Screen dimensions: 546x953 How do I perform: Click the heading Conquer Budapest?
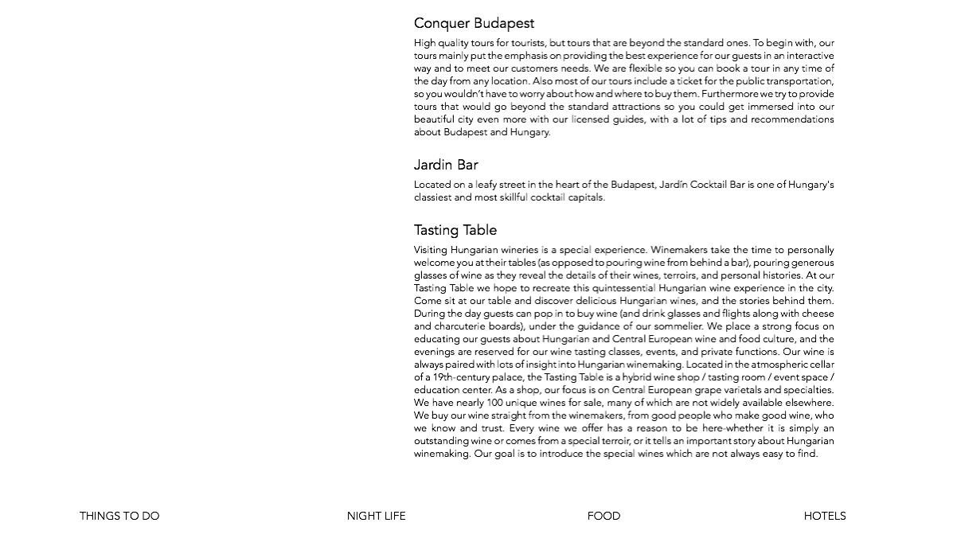pos(474,24)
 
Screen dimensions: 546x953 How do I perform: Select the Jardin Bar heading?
pos(446,166)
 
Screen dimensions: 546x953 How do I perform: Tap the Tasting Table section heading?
pos(455,231)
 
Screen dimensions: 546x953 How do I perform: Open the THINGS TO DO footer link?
pos(119,517)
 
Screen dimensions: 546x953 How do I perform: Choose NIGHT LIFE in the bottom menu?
pos(376,517)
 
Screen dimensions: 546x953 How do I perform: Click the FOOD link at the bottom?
pos(603,517)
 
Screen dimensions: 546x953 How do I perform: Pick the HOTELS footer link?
pos(824,517)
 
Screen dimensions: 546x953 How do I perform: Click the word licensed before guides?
pos(590,119)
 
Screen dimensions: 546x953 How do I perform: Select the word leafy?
pos(486,185)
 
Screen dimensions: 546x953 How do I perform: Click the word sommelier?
pos(679,326)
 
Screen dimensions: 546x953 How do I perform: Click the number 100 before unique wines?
pos(494,403)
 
